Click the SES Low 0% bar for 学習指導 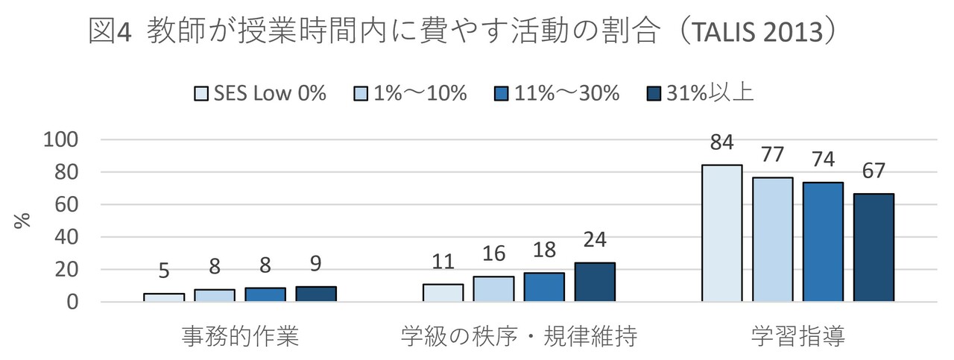[x=721, y=233]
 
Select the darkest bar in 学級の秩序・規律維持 [x=594, y=282]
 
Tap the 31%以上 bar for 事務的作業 [x=316, y=294]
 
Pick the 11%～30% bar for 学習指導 [x=822, y=241]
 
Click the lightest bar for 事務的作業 [x=164, y=297]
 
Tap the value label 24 [x=594, y=240]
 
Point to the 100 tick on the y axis [x=62, y=140]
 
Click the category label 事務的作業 [x=240, y=337]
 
